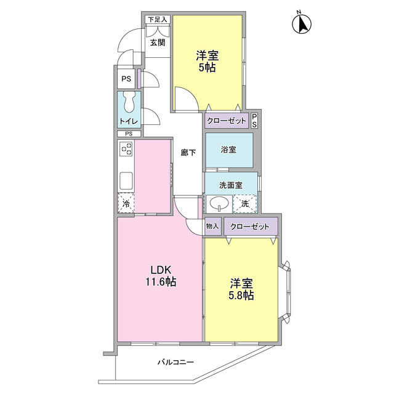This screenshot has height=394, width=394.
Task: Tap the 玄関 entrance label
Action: pos(158,42)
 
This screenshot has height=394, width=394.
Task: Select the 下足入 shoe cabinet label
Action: pos(158,19)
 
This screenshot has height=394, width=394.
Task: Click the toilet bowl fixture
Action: pos(129,102)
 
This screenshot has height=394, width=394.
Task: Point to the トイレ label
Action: pos(129,121)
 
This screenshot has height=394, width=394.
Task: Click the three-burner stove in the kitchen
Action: pos(126,149)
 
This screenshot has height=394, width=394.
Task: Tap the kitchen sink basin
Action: pos(126,180)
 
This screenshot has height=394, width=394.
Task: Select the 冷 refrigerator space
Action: pos(126,203)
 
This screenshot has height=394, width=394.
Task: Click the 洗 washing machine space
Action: pos(245,204)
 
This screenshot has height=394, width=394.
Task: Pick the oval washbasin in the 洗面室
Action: pos(219,203)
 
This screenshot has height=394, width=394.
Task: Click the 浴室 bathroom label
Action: pos(228,150)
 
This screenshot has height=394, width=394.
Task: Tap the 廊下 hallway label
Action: pos(188,153)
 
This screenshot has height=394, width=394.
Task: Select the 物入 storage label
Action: pos(212,226)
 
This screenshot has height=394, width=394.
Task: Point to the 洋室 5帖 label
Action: pos(207,61)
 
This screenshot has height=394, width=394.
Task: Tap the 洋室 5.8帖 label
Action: pos(241,289)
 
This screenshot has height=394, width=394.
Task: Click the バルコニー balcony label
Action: pos(175,362)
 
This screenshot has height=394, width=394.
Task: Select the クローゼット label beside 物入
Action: pos(250,227)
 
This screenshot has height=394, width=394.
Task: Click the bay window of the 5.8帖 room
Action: pos(286,291)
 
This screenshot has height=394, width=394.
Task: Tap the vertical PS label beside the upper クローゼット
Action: pos(254,121)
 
